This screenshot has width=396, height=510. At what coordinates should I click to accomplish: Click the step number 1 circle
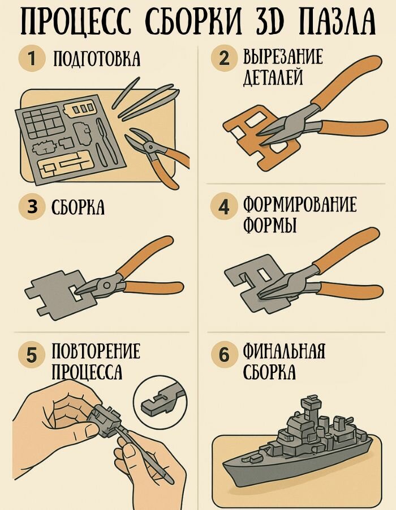point(32,59)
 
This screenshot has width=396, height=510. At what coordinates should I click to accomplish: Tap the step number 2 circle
point(224,59)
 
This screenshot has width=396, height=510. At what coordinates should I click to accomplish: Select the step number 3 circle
point(32,206)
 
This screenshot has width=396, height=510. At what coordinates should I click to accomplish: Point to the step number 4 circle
point(224,207)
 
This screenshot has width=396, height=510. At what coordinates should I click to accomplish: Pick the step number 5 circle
point(32,355)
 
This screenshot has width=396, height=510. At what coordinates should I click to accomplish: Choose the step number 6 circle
point(224,354)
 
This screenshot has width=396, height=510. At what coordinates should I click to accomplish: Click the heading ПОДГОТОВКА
point(97,59)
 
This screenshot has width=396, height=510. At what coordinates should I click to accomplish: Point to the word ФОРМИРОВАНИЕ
point(300,204)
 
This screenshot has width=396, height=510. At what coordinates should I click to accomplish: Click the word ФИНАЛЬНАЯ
point(284,351)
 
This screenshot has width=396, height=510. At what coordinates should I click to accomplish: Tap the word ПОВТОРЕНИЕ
point(96,351)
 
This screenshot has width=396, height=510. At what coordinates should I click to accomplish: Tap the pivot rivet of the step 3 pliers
point(106,285)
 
